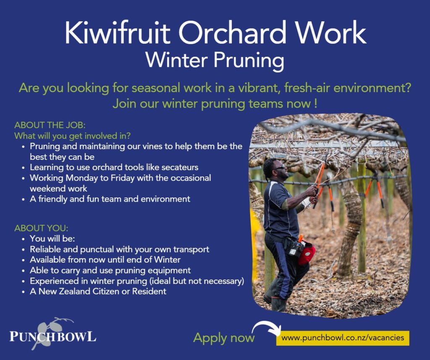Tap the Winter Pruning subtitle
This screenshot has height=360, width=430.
point(215,60)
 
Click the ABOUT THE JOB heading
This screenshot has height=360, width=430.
point(50,125)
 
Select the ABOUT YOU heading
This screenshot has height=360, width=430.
point(41,228)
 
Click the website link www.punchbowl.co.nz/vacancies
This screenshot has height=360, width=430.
point(343,338)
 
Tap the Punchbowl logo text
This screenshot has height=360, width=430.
point(53,336)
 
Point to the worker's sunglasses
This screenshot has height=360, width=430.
point(279,168)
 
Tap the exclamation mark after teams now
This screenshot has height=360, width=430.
point(316,104)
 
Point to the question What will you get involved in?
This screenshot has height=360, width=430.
point(72,136)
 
